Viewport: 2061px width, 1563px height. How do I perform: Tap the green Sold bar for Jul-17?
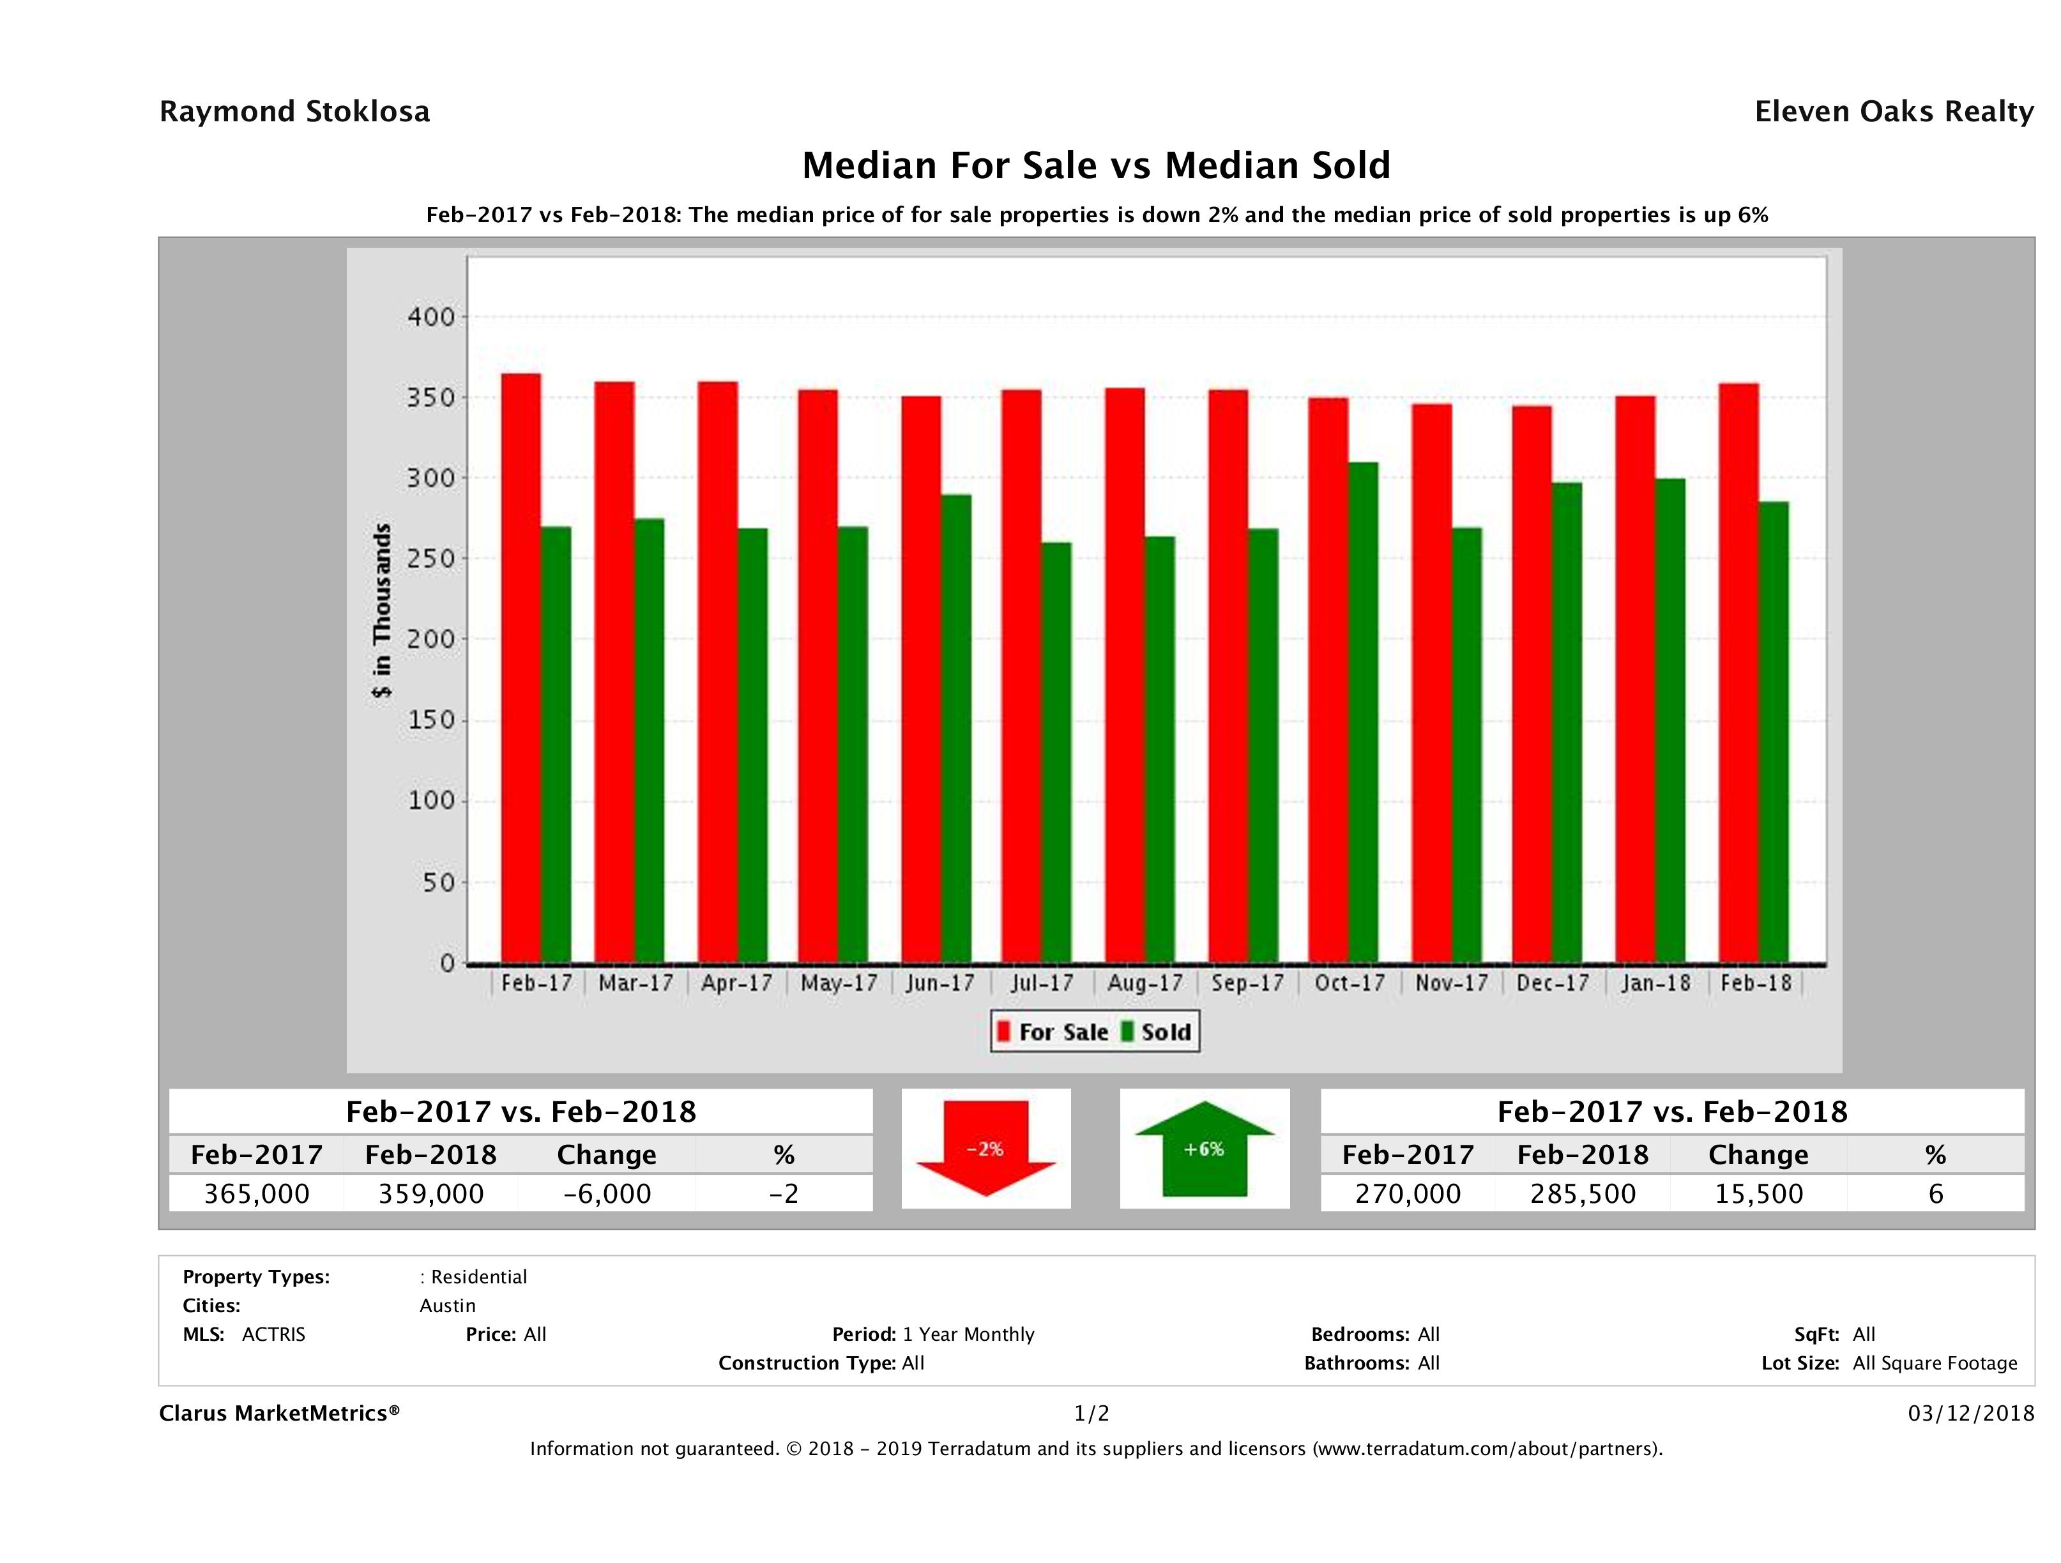point(1056,753)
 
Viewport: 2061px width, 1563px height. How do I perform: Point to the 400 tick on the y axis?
point(431,317)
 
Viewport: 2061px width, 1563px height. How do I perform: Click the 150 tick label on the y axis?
point(431,720)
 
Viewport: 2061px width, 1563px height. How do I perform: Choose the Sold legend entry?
point(1156,1032)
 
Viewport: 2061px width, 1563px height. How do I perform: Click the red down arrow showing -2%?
point(985,1149)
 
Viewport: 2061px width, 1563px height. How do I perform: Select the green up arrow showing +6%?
point(1204,1149)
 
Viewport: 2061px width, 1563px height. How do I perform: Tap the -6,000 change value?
point(607,1194)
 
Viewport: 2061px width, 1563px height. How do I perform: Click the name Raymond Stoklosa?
point(294,112)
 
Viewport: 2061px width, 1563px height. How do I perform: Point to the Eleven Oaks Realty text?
point(1893,112)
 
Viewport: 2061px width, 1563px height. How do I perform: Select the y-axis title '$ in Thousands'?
point(382,611)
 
